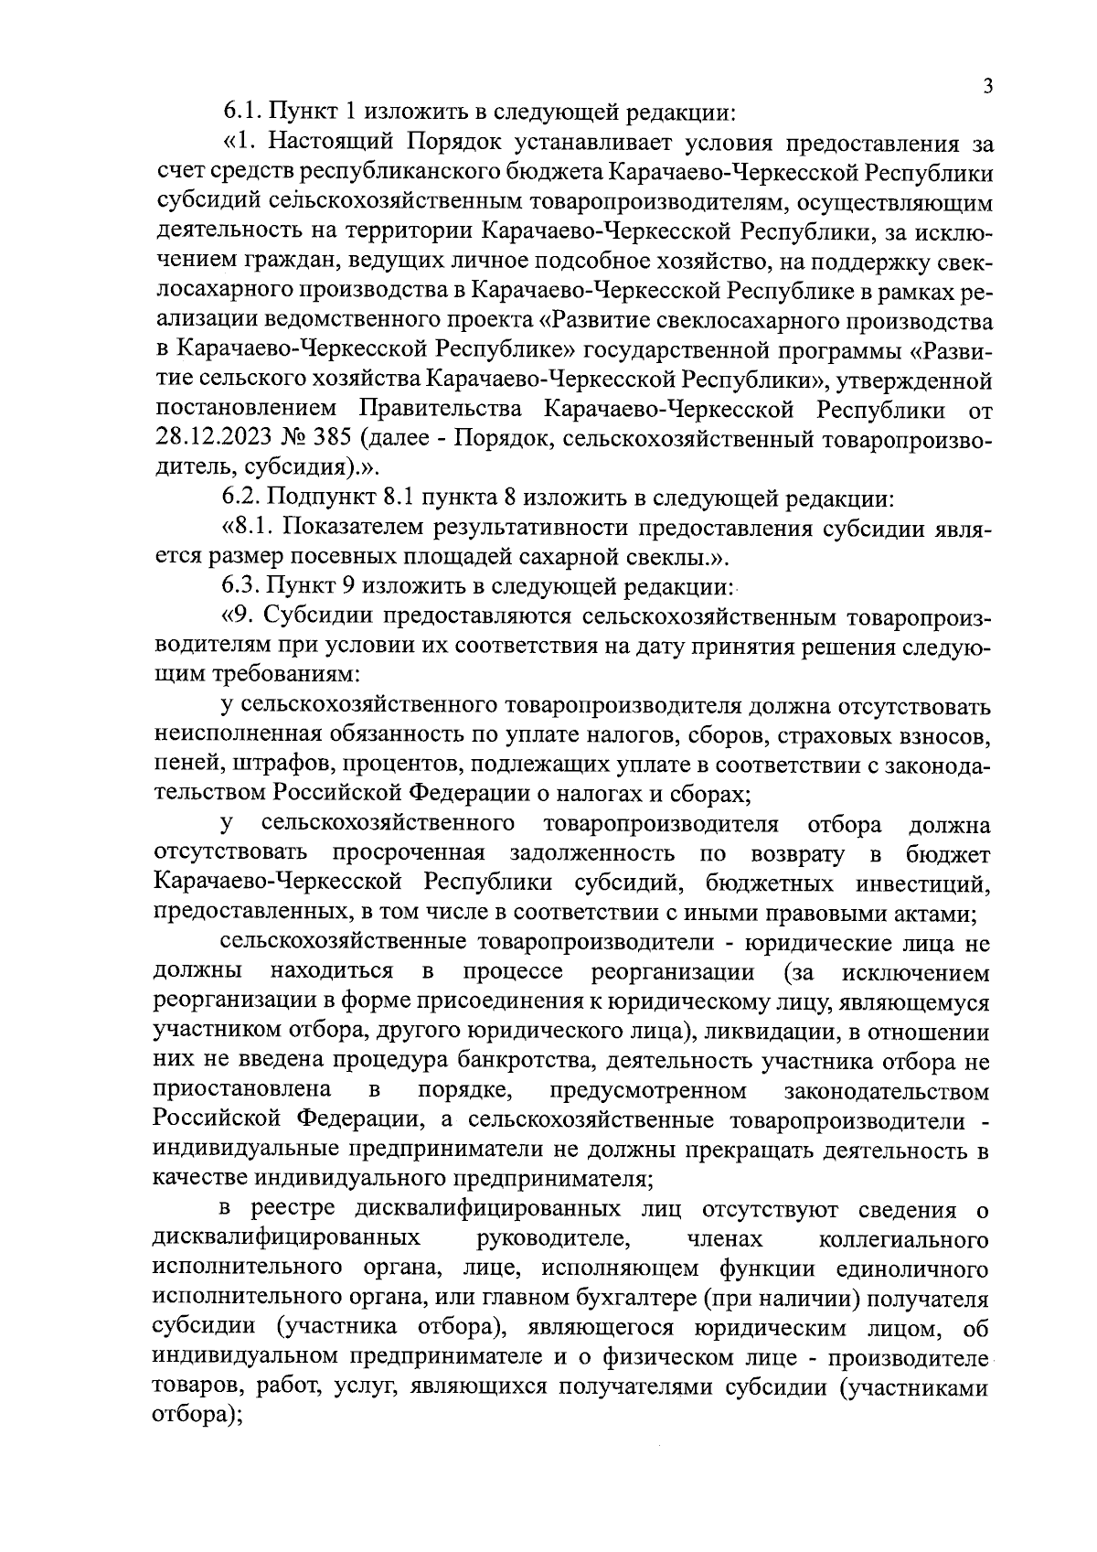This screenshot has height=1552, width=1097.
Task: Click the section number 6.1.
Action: (x=242, y=114)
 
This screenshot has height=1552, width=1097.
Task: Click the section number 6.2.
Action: (x=242, y=499)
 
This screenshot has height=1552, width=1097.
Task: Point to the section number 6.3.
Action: (x=242, y=585)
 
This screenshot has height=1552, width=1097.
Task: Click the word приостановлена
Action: (x=242, y=1091)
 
